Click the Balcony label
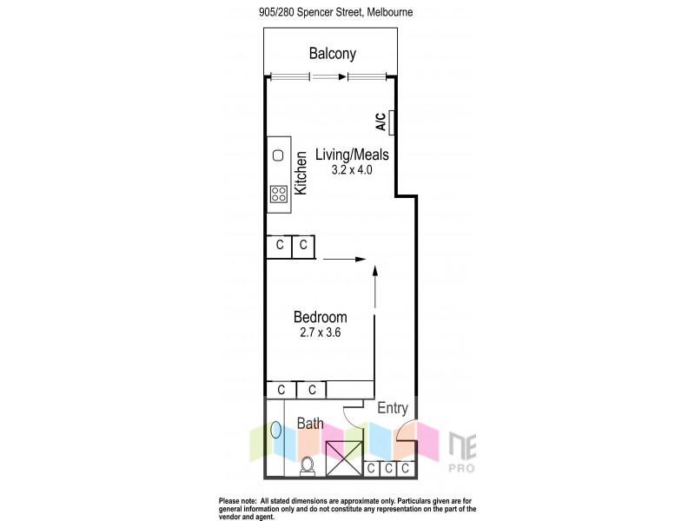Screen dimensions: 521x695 pos(333,54)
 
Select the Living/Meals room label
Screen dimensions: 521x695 pos(351,155)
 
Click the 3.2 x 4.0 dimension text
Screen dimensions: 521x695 pos(351,171)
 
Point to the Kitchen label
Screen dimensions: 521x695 pos(301,173)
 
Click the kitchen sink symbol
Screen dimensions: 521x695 pos(279,155)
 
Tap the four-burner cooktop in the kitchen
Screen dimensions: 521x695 pos(279,194)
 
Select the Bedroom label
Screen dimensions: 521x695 pos(320,317)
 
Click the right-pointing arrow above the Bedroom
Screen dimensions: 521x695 pos(347,258)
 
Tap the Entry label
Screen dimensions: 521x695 pos(392,408)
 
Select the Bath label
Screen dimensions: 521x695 pos(311,424)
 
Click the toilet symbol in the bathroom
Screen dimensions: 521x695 pos(307,466)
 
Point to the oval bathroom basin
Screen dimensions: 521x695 pos(276,430)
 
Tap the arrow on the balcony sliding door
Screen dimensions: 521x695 pos(331,76)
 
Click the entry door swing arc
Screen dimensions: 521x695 pos(405,432)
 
